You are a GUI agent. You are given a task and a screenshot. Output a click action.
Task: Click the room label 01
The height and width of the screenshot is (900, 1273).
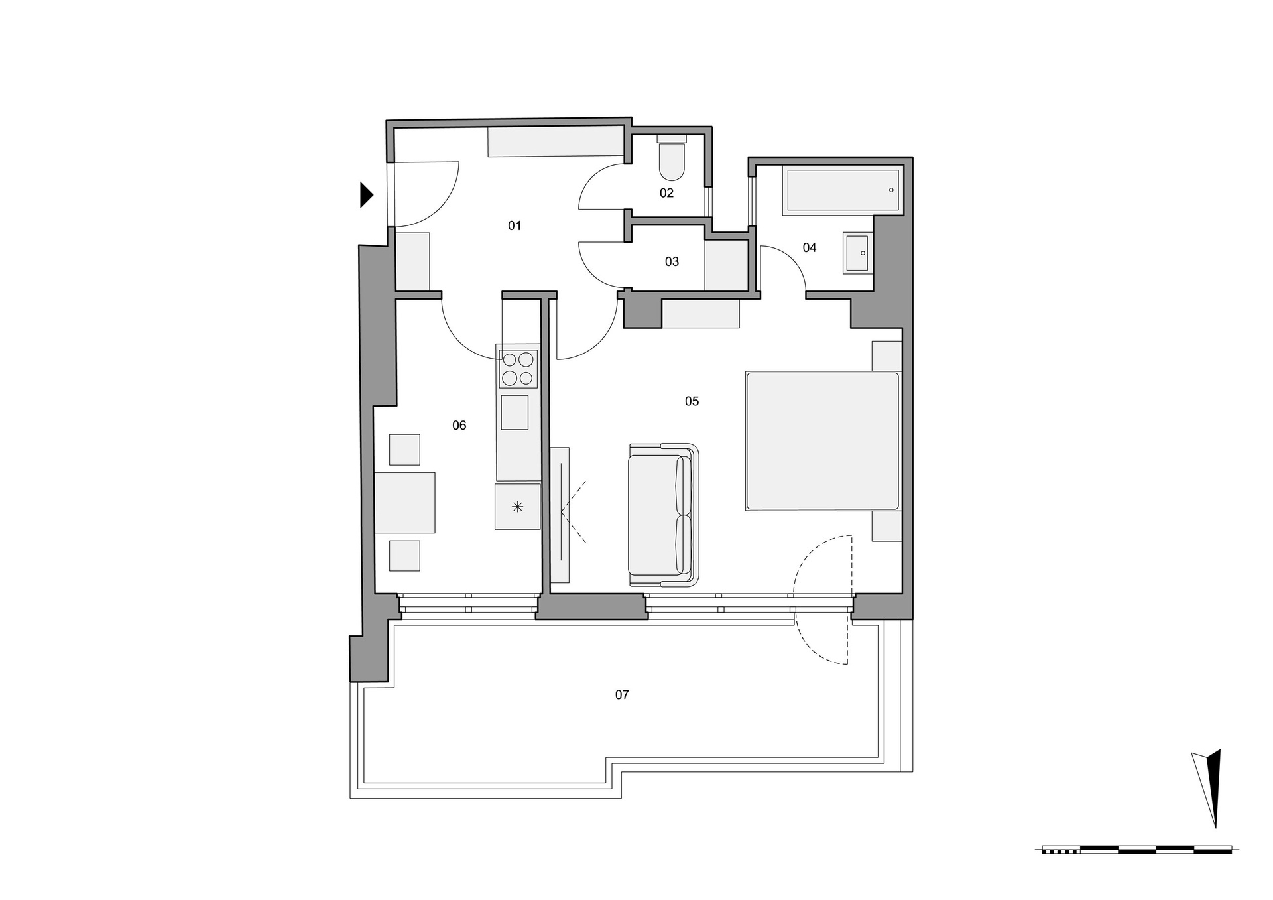[515, 226]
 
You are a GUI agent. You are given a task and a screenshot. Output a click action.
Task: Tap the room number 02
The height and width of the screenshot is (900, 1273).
[666, 193]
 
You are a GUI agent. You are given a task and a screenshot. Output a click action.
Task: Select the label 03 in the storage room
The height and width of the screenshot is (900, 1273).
[672, 262]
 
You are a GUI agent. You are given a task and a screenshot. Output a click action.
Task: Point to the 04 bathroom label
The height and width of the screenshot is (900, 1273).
[810, 248]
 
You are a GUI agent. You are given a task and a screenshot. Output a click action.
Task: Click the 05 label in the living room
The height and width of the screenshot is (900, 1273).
[692, 401]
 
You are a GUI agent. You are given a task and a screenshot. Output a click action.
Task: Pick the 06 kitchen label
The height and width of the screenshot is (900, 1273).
[459, 426]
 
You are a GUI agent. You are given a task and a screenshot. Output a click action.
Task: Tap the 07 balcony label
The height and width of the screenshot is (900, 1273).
[622, 695]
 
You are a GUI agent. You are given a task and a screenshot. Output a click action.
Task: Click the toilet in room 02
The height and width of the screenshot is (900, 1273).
[672, 159]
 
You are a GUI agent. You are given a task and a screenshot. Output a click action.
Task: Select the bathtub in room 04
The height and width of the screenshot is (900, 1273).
[841, 190]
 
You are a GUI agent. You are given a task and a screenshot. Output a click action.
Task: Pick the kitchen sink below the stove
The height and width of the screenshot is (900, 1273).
[515, 413]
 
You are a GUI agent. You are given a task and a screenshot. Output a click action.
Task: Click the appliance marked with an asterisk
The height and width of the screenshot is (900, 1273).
[517, 507]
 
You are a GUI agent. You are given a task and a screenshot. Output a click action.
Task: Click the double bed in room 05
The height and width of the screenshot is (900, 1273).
[822, 441]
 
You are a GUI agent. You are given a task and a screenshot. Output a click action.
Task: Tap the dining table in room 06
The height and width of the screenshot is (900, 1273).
[404, 502]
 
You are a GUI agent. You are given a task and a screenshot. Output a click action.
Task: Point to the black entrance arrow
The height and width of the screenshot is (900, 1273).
[366, 194]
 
